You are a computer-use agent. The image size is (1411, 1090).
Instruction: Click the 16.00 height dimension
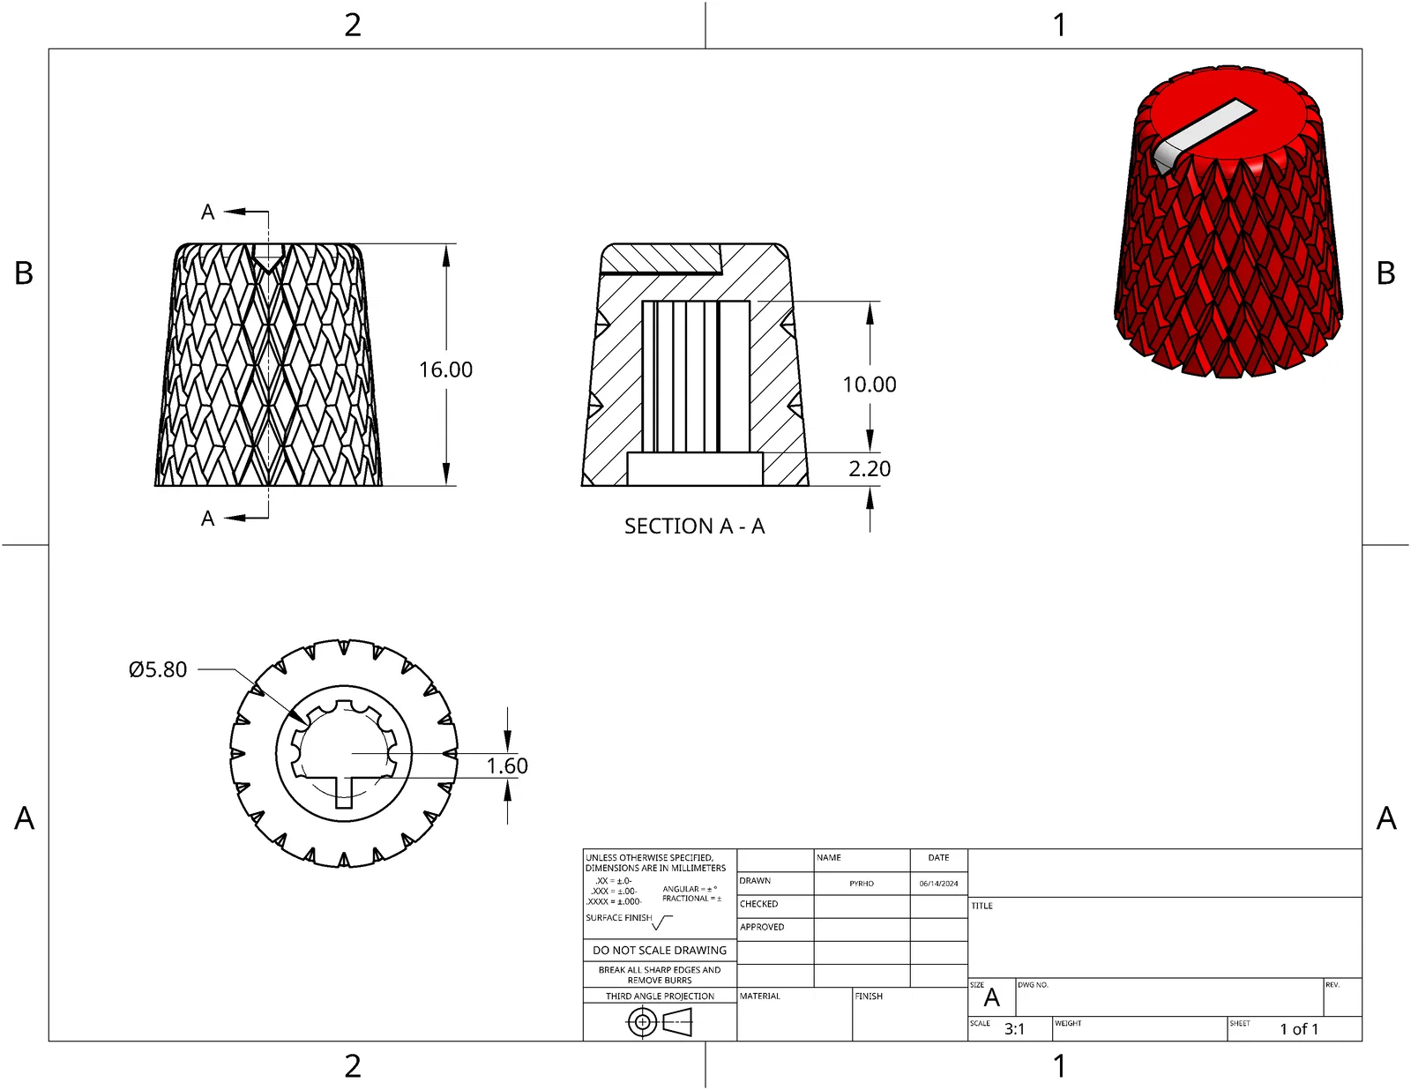coord(445,370)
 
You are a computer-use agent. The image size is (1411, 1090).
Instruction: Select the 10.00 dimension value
coord(870,384)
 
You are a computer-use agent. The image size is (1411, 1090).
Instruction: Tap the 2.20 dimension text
coord(870,469)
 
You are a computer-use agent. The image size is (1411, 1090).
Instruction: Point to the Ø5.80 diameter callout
coord(158,669)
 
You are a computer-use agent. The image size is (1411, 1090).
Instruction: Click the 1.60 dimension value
coord(507,765)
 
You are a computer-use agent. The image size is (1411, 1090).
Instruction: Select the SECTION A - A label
coord(695,526)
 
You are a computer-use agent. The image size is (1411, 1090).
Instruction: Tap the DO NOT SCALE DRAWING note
coord(660,951)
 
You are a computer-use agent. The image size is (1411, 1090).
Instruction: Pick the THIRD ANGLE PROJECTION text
coord(660,997)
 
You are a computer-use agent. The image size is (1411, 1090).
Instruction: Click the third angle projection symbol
coord(660,1023)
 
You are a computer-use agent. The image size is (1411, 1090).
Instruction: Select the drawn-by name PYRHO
coord(862,884)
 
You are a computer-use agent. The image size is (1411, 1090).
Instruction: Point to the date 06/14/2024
coord(938,884)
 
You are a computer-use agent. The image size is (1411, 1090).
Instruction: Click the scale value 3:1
coord(1014,1029)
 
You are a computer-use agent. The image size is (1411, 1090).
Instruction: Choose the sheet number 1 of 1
coord(1299,1029)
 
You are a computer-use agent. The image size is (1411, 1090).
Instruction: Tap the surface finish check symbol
coord(662,922)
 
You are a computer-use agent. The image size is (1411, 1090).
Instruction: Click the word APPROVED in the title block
coord(762,927)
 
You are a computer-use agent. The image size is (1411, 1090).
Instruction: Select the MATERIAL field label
coord(759,997)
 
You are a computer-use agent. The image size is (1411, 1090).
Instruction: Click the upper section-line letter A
coord(208,213)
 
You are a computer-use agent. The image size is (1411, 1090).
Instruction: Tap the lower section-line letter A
coord(208,519)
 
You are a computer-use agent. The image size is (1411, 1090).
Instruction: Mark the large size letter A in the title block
coord(992,998)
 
